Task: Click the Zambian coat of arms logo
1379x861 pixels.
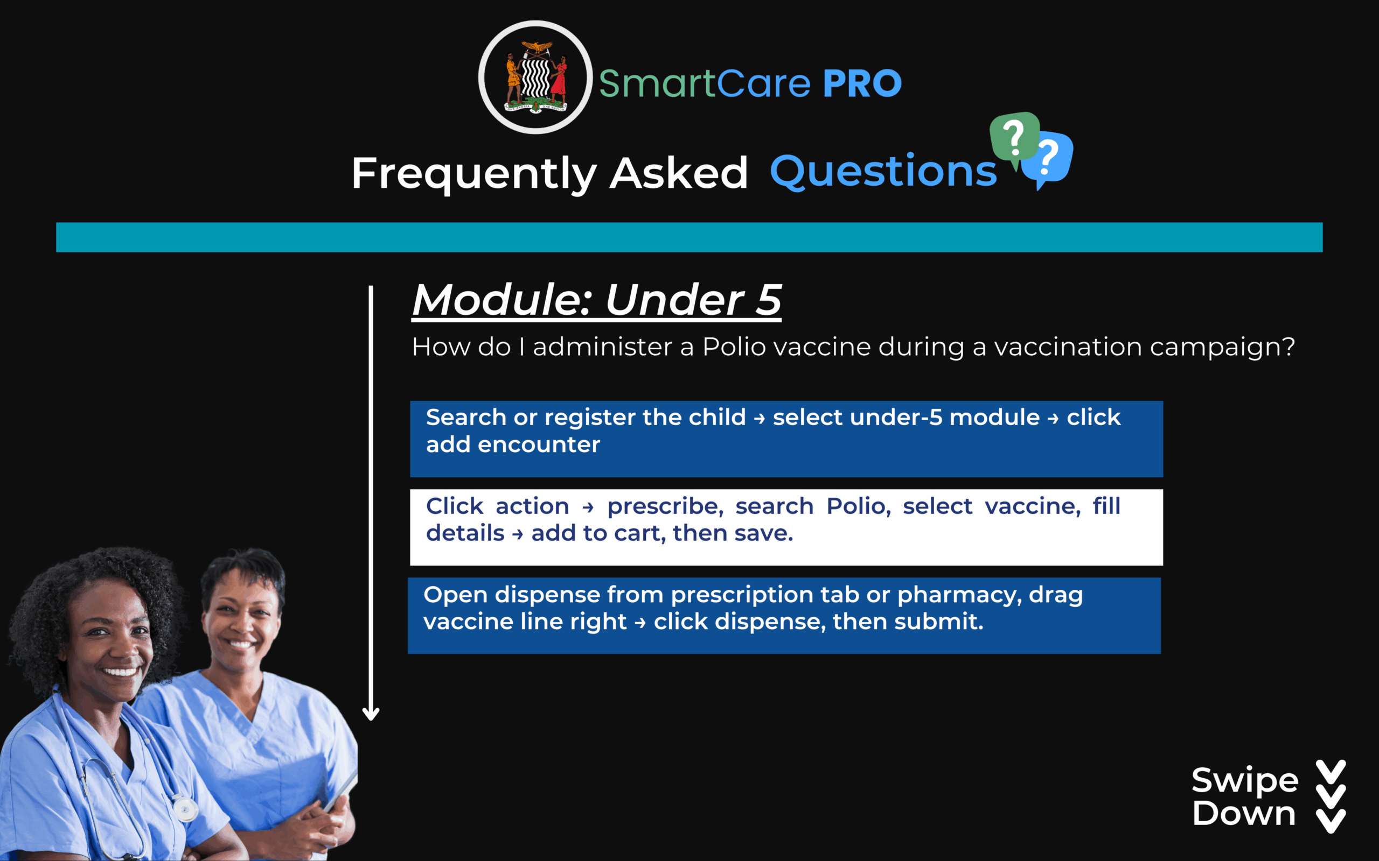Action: click(x=535, y=77)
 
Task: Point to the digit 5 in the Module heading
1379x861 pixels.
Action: click(x=768, y=300)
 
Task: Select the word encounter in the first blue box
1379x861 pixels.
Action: click(x=539, y=444)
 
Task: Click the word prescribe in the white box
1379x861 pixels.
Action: click(x=665, y=506)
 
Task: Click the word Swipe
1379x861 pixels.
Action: click(x=1245, y=781)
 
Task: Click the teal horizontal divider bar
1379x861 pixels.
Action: click(x=689, y=237)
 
